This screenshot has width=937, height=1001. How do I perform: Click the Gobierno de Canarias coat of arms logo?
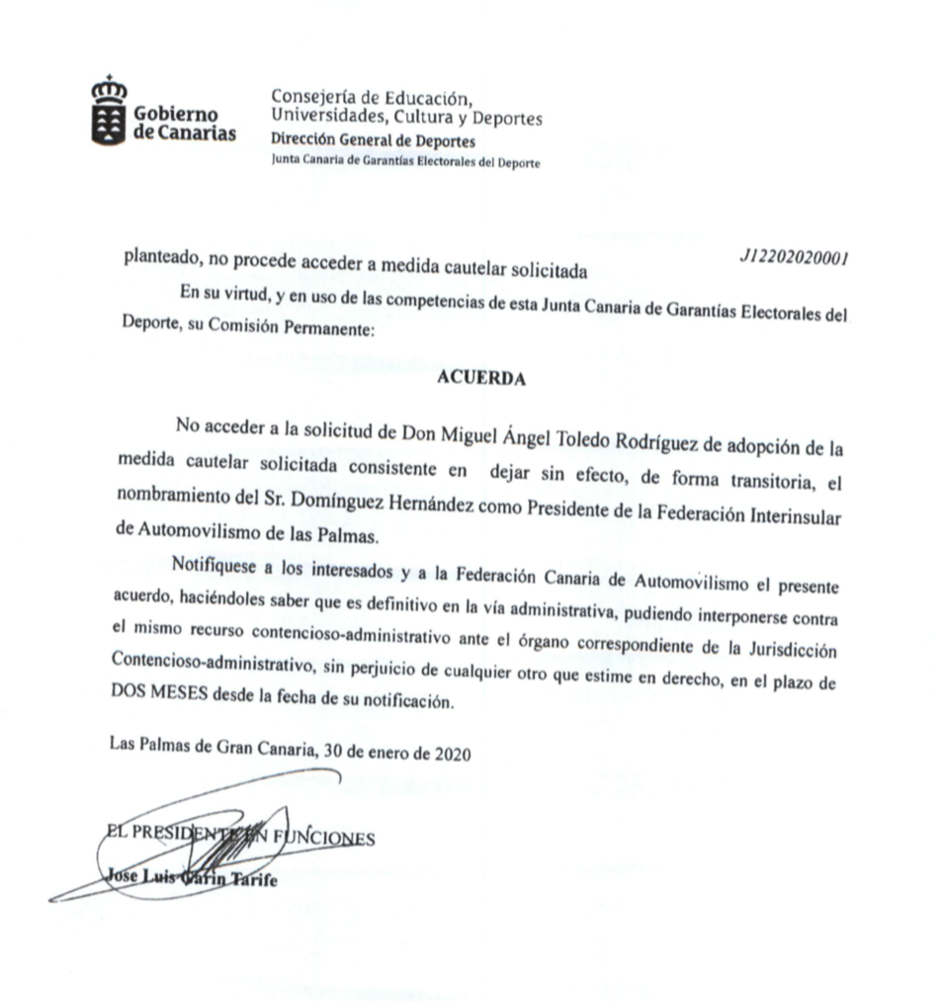click(109, 111)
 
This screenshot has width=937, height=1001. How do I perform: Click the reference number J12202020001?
click(794, 256)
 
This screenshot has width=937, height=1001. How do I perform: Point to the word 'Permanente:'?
click(329, 330)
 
